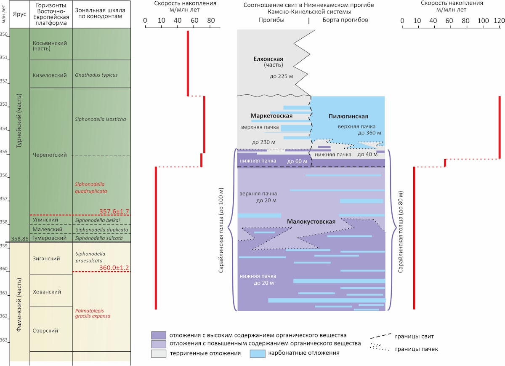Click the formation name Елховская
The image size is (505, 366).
[x=268, y=59]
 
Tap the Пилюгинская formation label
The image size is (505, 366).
[x=348, y=116]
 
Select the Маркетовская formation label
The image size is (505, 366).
[x=271, y=116]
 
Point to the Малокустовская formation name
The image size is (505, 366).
[x=311, y=222]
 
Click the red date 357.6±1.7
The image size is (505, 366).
[x=114, y=211]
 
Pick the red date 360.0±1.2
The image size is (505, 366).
[x=114, y=267]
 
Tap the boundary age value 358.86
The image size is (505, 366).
[x=20, y=238]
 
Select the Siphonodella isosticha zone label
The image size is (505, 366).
[x=100, y=119]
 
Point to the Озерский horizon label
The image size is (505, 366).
[x=45, y=331]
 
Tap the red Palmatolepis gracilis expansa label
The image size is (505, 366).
[x=93, y=313]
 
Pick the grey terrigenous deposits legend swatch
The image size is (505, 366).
[x=159, y=353]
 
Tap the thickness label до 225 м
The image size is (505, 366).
[x=282, y=76]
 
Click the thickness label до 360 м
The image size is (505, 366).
[x=369, y=133]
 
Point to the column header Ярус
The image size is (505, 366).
[x=20, y=14]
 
